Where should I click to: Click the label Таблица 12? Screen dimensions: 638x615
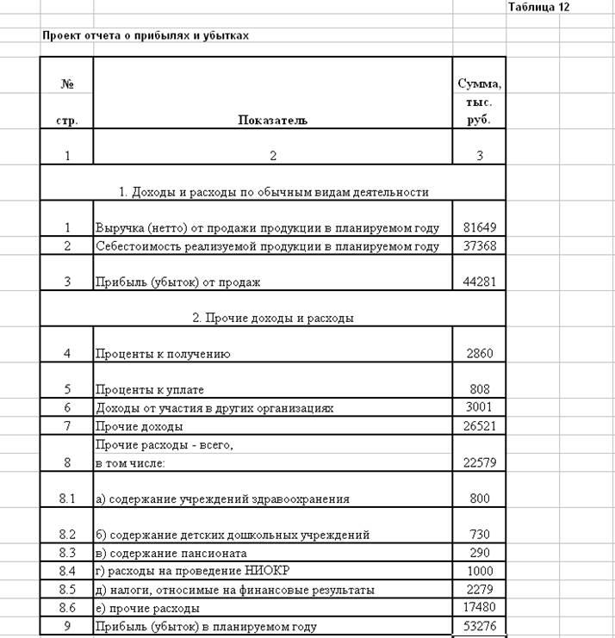538,7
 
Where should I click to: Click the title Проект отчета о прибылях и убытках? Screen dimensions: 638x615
146,36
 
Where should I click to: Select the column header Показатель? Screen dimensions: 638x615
272,121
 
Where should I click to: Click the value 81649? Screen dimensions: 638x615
479,228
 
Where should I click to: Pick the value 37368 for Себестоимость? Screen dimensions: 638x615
479,246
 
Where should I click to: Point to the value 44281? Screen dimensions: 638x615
479,282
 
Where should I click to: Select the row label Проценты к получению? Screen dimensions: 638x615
163,354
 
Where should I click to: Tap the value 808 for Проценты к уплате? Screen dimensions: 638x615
479,389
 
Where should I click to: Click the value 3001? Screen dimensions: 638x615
479,407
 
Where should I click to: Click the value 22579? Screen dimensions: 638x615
479,462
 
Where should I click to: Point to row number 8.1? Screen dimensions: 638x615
66,499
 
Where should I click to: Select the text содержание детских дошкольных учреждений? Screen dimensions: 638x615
239,535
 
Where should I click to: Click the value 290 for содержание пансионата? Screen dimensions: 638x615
479,553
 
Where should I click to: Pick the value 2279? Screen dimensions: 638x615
479,590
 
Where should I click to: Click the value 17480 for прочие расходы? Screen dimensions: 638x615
479,608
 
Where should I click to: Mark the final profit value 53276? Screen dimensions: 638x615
479,626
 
